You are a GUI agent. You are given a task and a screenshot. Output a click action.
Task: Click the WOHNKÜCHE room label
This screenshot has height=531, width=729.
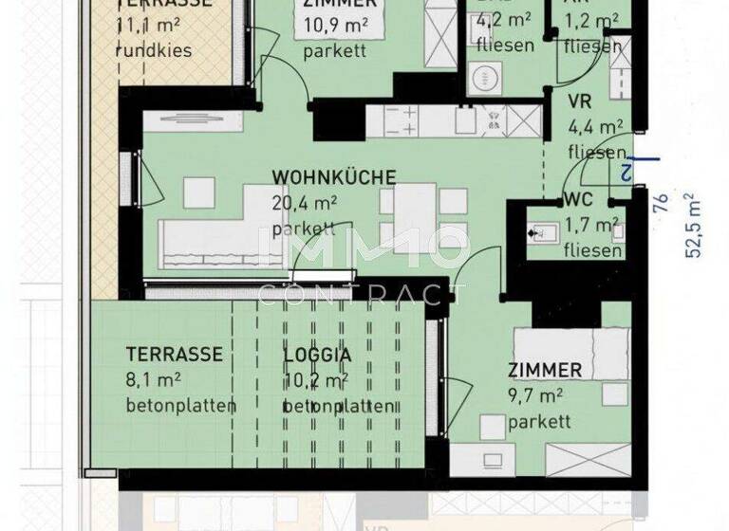click(x=334, y=177)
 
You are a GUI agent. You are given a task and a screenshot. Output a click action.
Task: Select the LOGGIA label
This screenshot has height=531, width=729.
click(x=317, y=355)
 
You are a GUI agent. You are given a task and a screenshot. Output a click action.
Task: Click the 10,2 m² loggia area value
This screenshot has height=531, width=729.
click(x=311, y=380)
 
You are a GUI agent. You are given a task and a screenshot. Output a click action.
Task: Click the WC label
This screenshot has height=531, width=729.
click(x=578, y=200)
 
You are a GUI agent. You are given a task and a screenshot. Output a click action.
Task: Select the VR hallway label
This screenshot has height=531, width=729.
click(x=580, y=102)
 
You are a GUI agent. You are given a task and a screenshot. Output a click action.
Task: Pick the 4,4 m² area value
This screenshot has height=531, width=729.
click(x=595, y=126)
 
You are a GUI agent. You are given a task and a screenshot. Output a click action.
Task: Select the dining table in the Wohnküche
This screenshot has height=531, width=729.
click(x=414, y=214)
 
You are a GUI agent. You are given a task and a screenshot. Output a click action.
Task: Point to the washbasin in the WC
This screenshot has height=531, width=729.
click(x=543, y=230)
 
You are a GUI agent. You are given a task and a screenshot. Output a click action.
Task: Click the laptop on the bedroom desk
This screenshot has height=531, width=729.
click(x=494, y=460)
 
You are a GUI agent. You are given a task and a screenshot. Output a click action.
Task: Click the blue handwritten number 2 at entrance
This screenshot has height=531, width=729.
click(x=626, y=171)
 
